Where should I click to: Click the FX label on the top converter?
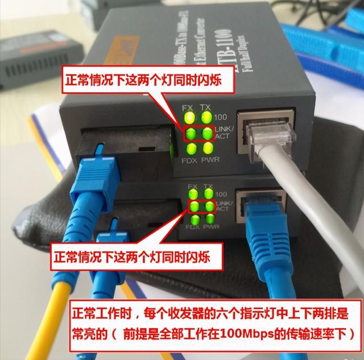click(x=187, y=107)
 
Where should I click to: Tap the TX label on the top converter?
click(x=207, y=107)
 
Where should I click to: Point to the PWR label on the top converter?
click(x=210, y=161)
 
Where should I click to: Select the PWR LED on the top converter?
click(x=207, y=150)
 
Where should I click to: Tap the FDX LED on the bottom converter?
click(x=195, y=220)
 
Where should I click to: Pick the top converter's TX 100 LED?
click(x=206, y=119)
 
